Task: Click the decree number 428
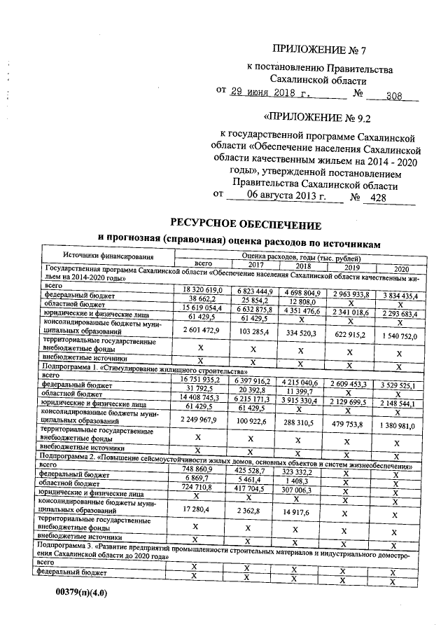tap(378, 198)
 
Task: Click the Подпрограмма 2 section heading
tap(224, 458)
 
